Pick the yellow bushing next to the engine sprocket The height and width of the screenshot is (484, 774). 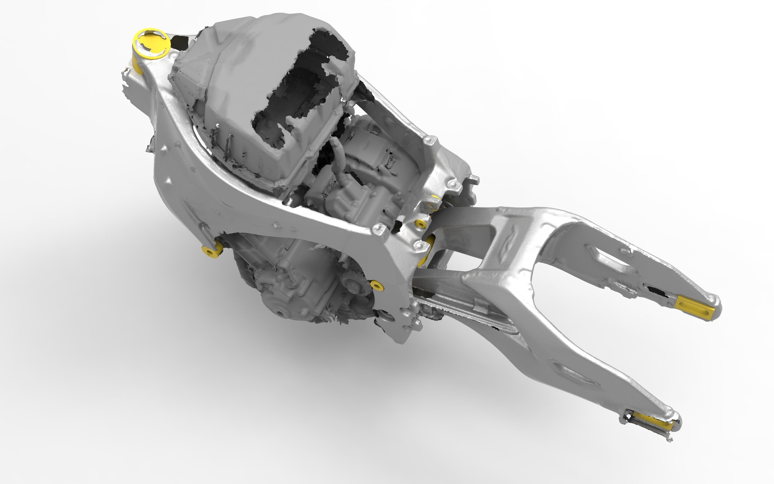click(377, 285)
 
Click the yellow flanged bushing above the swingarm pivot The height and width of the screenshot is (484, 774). click(420, 223)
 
